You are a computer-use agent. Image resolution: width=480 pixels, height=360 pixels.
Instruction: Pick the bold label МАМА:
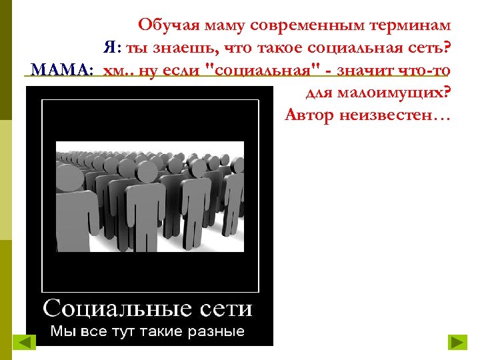point(61,69)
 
